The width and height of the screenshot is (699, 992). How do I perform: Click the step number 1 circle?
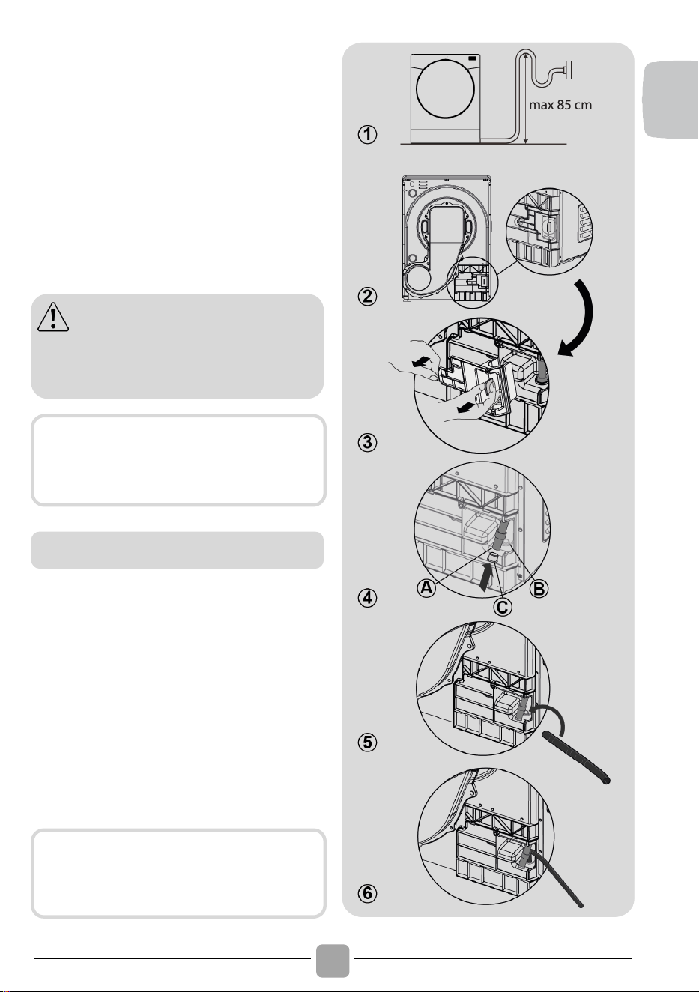[x=367, y=134]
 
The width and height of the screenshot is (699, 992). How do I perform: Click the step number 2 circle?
[x=367, y=296]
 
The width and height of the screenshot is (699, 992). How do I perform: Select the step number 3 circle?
[x=367, y=442]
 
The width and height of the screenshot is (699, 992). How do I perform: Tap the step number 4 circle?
[x=367, y=599]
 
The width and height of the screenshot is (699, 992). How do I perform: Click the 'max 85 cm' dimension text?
[x=560, y=105]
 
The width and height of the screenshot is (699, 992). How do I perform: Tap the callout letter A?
[x=426, y=587]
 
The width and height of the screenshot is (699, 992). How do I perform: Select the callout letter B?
[x=539, y=589]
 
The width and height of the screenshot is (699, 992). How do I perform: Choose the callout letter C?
[x=503, y=607]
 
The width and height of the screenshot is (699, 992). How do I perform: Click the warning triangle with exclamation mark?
[x=53, y=317]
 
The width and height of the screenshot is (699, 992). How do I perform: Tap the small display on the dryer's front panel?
[x=473, y=58]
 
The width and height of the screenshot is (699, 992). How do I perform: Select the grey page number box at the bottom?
[x=333, y=961]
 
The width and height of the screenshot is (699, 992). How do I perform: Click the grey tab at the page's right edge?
[x=671, y=99]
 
